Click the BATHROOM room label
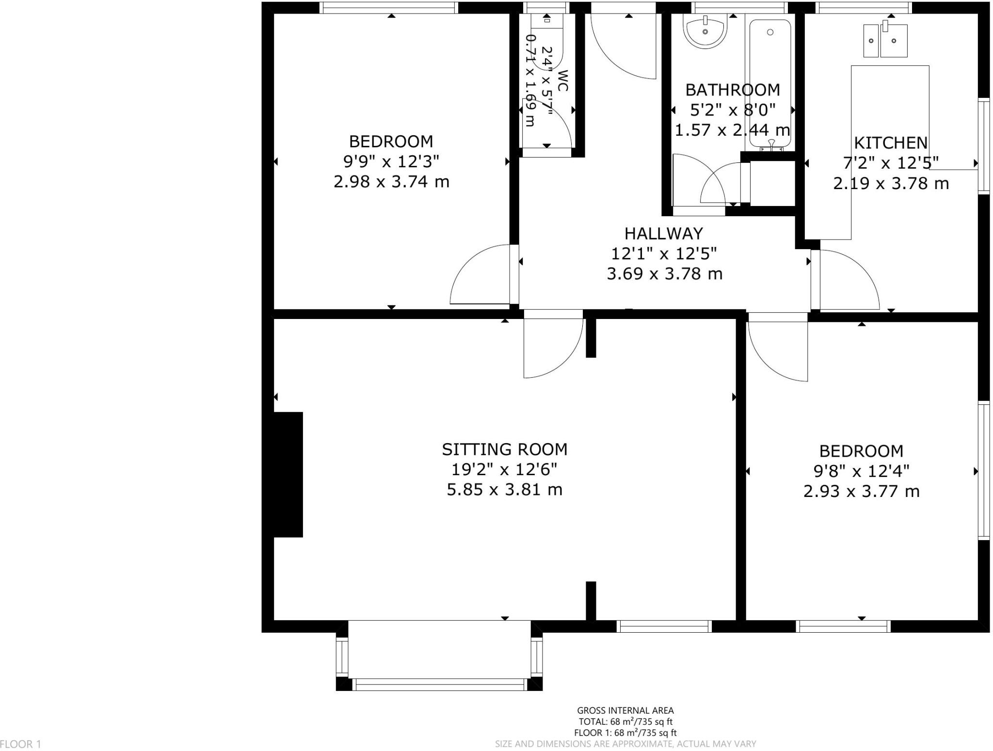click(732, 90)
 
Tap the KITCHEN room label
click(891, 143)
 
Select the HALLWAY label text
click(663, 234)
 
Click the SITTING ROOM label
click(504, 449)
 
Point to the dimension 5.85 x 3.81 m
click(504, 490)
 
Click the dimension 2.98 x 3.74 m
click(391, 182)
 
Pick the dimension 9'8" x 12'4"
click(861, 471)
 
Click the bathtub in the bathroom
click(770, 82)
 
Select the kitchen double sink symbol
click(885, 41)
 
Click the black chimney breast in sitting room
click(288, 474)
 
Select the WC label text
click(562, 80)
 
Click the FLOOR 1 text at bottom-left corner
click(21, 744)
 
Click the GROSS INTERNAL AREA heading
click(625, 711)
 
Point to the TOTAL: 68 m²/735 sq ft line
click(625, 722)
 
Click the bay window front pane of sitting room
click(439, 684)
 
